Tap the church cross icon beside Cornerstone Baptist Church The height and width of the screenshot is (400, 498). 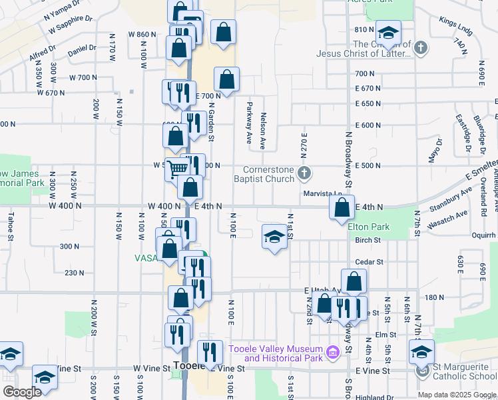304,174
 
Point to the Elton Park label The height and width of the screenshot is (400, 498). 368,227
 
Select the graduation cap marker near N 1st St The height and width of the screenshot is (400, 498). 274,236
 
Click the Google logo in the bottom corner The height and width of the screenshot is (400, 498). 22,392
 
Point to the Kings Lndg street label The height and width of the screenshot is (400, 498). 455,27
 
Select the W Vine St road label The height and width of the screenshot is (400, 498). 152,368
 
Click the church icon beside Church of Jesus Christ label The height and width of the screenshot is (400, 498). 421,48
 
